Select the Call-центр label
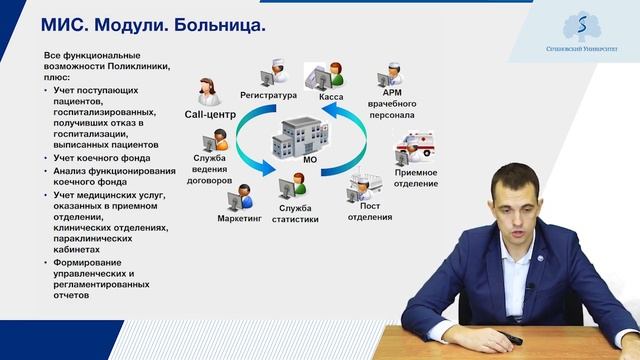(210, 115)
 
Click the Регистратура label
(269, 96)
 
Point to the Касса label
(331, 97)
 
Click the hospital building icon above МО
(302, 134)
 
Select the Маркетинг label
(238, 217)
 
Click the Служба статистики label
(297, 213)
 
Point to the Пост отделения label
(370, 211)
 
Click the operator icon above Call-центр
(209, 91)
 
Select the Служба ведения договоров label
(210, 170)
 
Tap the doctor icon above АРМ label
(390, 76)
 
